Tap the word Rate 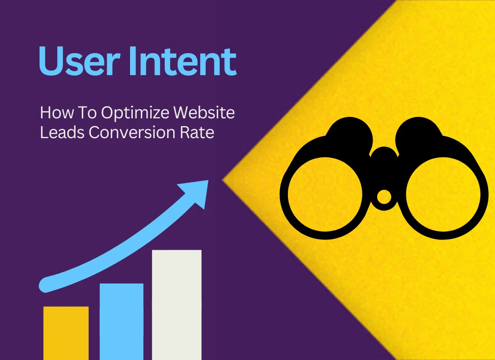198,133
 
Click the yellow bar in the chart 66,333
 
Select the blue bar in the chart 121,321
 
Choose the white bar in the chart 176,305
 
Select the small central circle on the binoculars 383,197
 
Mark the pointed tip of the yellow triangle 224,180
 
